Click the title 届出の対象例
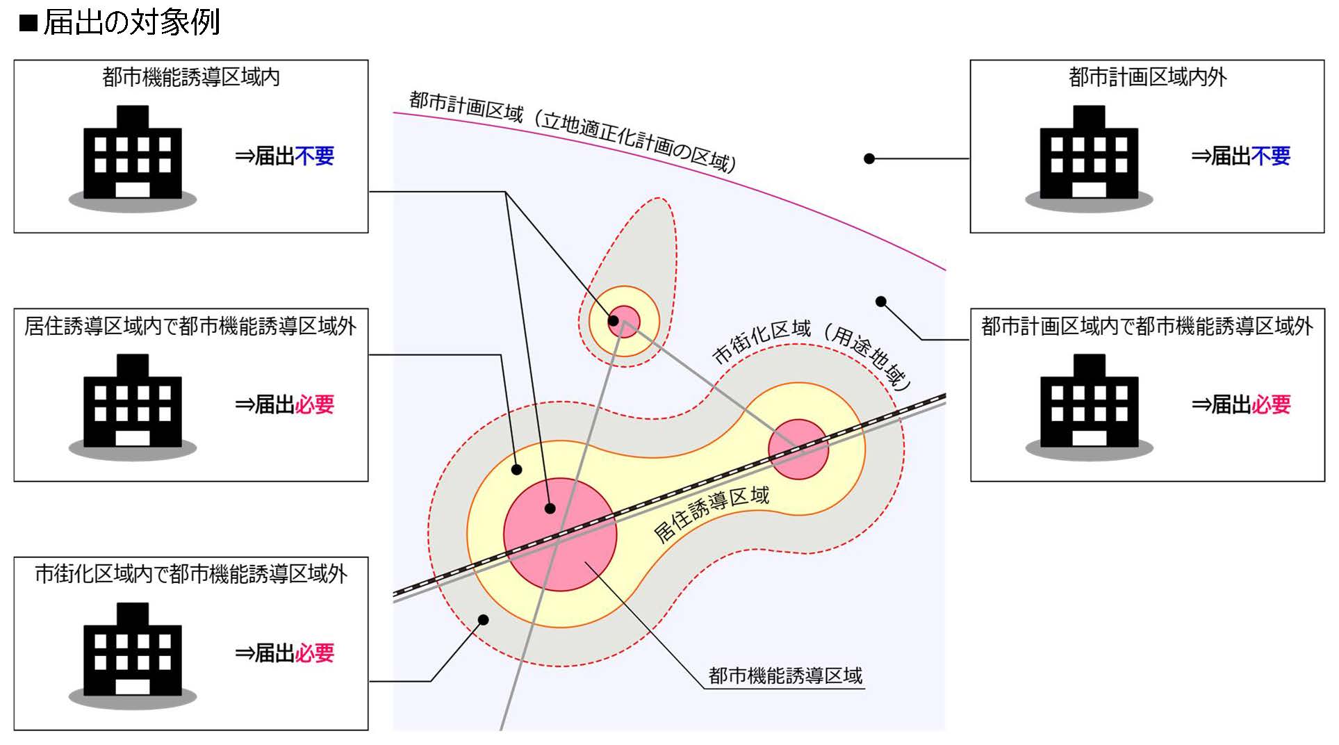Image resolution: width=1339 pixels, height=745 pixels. (x=131, y=22)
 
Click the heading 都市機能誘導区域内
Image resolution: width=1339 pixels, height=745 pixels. (x=191, y=77)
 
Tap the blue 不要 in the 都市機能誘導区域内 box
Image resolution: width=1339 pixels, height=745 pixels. (x=314, y=156)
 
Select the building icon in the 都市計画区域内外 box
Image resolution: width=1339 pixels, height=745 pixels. (x=1089, y=156)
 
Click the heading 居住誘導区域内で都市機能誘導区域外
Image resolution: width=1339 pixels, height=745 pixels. (x=190, y=326)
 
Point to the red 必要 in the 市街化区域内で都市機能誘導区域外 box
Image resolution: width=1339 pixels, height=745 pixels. (x=314, y=653)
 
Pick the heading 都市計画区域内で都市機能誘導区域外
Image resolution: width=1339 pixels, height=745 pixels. (x=1147, y=326)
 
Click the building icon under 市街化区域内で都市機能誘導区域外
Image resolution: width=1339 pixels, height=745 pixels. (x=132, y=653)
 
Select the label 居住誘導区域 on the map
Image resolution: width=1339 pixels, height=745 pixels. (x=712, y=515)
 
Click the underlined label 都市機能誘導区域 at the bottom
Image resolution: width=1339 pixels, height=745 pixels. (x=785, y=676)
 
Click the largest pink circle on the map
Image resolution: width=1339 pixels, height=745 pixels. (x=560, y=535)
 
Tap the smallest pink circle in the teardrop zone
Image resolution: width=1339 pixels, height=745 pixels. (x=625, y=322)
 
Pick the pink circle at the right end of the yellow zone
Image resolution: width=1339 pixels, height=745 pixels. (x=798, y=449)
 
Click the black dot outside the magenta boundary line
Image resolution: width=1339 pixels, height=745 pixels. (x=869, y=159)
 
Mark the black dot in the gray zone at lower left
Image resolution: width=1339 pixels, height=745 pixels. (x=484, y=620)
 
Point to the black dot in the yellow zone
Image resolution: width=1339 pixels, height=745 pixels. (x=516, y=470)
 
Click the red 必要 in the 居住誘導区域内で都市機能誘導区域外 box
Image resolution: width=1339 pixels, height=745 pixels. (x=314, y=404)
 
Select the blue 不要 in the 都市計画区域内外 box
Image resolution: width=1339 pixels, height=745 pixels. (x=1270, y=156)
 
